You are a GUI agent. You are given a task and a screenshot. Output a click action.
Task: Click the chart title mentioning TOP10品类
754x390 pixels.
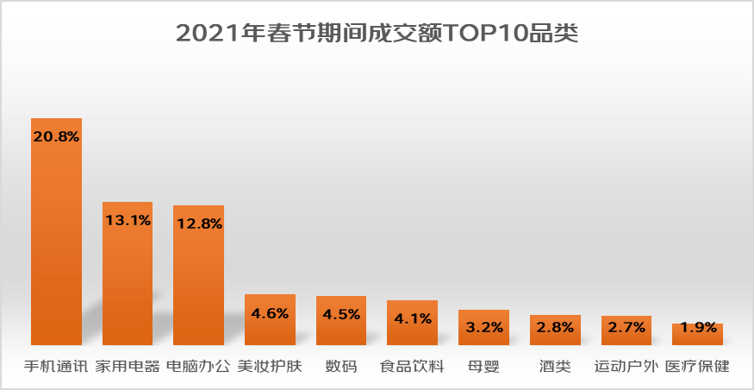[x=377, y=34]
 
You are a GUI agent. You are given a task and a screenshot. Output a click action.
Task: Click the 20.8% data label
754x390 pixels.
[x=57, y=136]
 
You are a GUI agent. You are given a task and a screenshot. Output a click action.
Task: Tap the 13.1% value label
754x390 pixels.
[x=128, y=220]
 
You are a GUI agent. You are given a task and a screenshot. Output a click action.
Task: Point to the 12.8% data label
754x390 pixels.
[x=199, y=223]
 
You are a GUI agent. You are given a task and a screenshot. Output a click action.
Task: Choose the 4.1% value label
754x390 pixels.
[x=412, y=318]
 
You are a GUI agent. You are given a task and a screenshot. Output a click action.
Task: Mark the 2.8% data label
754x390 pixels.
[x=555, y=328]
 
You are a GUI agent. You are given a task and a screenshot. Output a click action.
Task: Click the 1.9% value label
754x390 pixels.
[x=697, y=328]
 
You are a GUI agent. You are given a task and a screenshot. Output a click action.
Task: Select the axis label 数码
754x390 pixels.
[x=340, y=366]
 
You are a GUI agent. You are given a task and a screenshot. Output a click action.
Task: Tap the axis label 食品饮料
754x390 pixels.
[x=412, y=366]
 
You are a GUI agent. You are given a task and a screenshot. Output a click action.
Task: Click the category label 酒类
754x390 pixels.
[x=555, y=366]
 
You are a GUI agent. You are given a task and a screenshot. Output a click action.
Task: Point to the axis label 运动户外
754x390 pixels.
[x=626, y=366]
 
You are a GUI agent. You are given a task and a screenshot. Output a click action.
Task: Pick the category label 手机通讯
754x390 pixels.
[x=56, y=366]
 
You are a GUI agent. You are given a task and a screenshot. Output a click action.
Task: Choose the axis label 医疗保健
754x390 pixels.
[x=697, y=366]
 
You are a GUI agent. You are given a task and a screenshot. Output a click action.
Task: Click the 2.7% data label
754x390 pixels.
[x=626, y=328]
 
